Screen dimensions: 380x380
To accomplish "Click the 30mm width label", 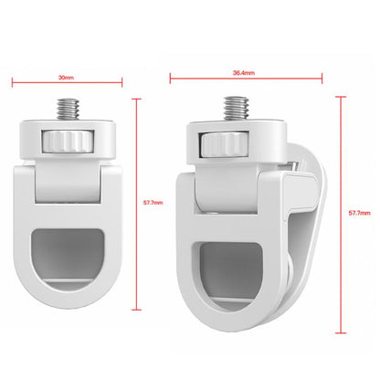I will pyautogui.click(x=65, y=78).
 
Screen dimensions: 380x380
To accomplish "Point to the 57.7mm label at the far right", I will pyautogui.click(x=360, y=212).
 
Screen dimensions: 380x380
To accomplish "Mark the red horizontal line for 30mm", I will pyautogui.click(x=65, y=85).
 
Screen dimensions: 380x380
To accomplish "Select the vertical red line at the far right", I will pyautogui.click(x=341, y=212).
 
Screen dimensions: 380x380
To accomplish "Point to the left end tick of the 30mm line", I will pyautogui.click(x=13, y=85).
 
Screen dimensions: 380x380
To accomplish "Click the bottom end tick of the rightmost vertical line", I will pyautogui.click(x=341, y=332).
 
